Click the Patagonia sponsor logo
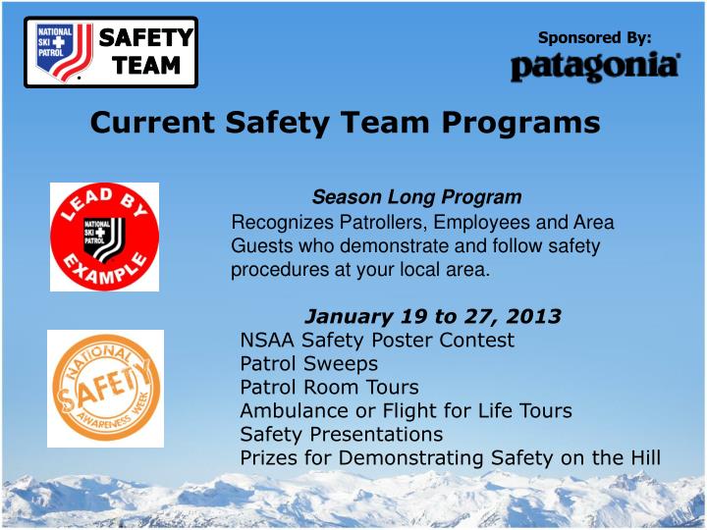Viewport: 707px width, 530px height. [594, 67]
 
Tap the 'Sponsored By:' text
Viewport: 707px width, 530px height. [594, 37]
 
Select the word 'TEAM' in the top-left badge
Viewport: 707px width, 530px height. [145, 66]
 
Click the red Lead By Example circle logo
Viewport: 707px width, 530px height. [104, 237]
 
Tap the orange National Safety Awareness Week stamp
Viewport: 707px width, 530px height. [105, 389]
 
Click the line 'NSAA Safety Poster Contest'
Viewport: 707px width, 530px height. [377, 341]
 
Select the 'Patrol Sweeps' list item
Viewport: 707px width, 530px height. [308, 363]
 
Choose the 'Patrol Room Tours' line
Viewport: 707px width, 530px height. [329, 387]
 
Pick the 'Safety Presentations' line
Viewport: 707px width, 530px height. [341, 434]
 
